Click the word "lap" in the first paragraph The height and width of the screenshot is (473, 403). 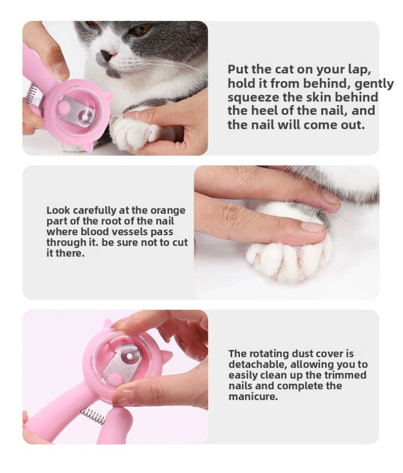tap(366, 70)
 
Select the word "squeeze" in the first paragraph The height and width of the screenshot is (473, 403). tap(248, 97)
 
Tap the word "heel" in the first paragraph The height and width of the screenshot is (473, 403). tap(258, 111)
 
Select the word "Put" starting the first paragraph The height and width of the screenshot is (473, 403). tap(238, 70)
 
